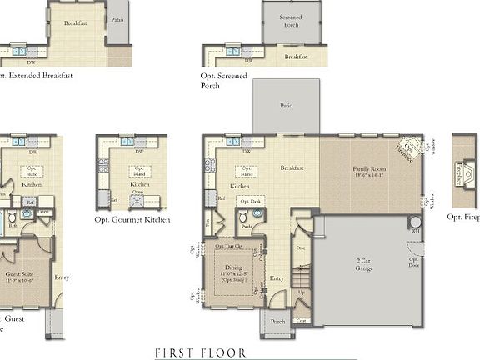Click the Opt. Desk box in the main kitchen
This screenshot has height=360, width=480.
pos(250,202)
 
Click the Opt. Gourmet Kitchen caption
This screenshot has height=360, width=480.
pos(133,220)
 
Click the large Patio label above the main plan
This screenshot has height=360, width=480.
pos(286,106)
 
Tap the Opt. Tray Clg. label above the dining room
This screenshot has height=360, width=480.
pos(229,247)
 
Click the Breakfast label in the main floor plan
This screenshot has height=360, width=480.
pos(292,167)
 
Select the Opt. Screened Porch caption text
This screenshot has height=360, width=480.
pos(224,80)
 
